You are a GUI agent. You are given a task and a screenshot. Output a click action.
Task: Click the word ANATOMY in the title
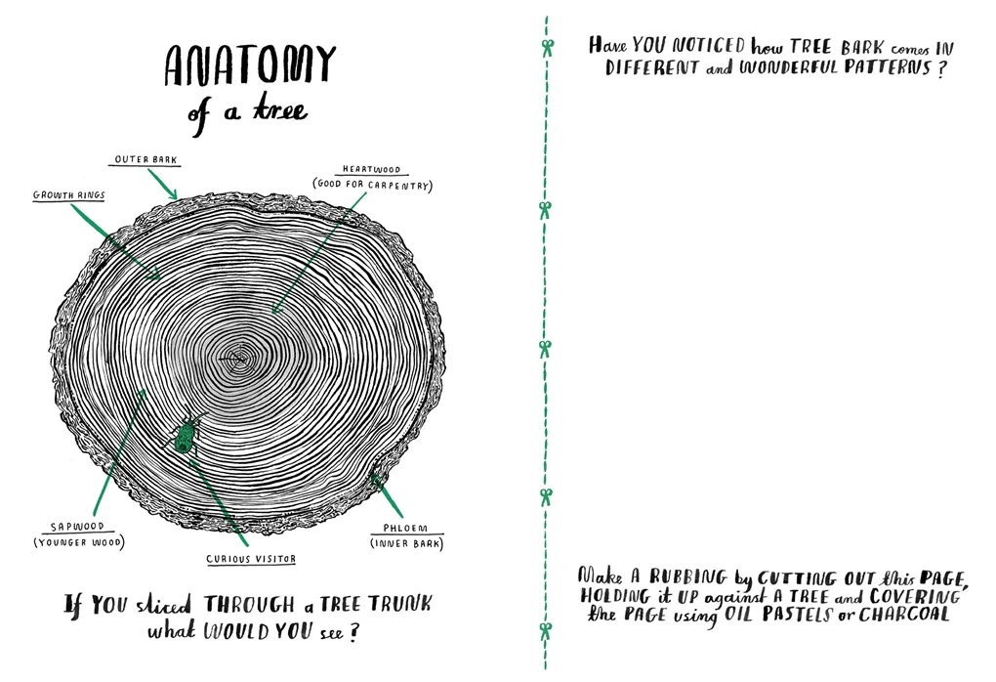(x=250, y=64)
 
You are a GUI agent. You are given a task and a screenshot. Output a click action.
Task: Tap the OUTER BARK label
(x=146, y=159)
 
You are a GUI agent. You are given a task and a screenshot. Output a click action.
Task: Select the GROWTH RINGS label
(x=68, y=195)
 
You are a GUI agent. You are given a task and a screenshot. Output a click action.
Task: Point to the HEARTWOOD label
(x=372, y=169)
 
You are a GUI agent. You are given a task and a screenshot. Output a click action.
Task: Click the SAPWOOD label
(x=77, y=527)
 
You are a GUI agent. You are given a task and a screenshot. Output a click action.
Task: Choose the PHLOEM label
(x=405, y=528)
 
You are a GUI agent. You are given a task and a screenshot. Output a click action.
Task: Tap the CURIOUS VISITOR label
(x=251, y=559)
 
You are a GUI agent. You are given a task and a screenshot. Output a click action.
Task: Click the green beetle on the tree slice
(x=185, y=435)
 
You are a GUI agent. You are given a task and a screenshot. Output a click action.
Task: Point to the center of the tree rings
(x=239, y=360)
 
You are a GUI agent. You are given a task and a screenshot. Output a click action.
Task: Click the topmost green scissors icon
(x=547, y=47)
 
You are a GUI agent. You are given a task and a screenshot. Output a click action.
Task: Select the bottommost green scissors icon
(x=546, y=631)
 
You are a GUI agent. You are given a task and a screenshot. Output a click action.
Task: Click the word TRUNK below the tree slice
(x=400, y=603)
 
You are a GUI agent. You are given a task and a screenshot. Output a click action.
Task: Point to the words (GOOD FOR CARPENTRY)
(x=372, y=185)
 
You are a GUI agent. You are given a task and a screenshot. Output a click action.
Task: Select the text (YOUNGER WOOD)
(x=79, y=542)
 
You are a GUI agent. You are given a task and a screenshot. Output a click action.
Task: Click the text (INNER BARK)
(x=406, y=543)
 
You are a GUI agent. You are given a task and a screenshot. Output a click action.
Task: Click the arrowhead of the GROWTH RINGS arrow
(x=155, y=276)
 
